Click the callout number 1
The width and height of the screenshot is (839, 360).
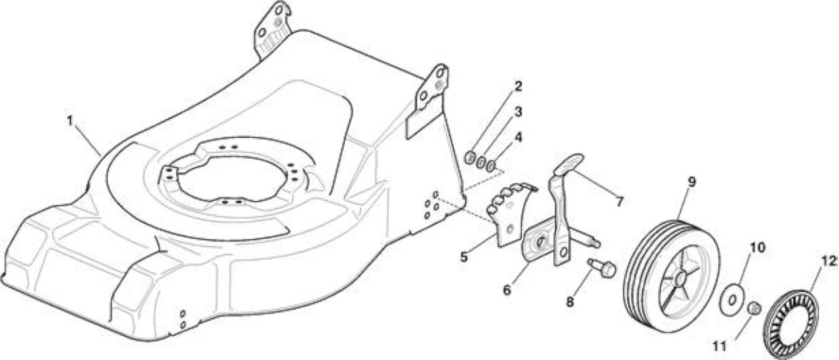[69, 121]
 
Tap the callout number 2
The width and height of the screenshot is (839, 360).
[518, 86]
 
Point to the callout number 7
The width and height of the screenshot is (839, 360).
[619, 202]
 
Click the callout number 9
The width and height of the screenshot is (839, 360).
[692, 182]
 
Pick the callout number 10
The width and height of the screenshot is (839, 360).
[757, 248]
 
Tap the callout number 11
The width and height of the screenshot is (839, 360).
[719, 346]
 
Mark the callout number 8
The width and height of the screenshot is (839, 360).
[570, 302]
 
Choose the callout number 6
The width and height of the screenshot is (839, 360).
[507, 290]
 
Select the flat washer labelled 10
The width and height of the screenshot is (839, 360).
[732, 300]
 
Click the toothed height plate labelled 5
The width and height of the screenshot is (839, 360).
[513, 214]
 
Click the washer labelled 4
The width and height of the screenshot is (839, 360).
[491, 166]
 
